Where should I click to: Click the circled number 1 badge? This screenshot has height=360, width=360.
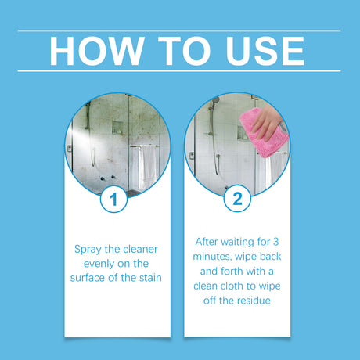point(114,199)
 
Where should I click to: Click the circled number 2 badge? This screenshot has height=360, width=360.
point(236,199)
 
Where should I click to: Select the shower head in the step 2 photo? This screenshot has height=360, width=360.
point(214,102)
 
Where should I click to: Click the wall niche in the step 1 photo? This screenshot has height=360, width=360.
point(117,128)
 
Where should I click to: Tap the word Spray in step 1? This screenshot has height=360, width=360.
point(88,250)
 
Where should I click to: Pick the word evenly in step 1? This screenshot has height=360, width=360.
point(92,265)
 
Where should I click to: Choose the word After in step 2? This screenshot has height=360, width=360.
point(207,242)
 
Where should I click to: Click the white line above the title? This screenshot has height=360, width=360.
point(179,31)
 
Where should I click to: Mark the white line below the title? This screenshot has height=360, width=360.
point(179,70)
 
